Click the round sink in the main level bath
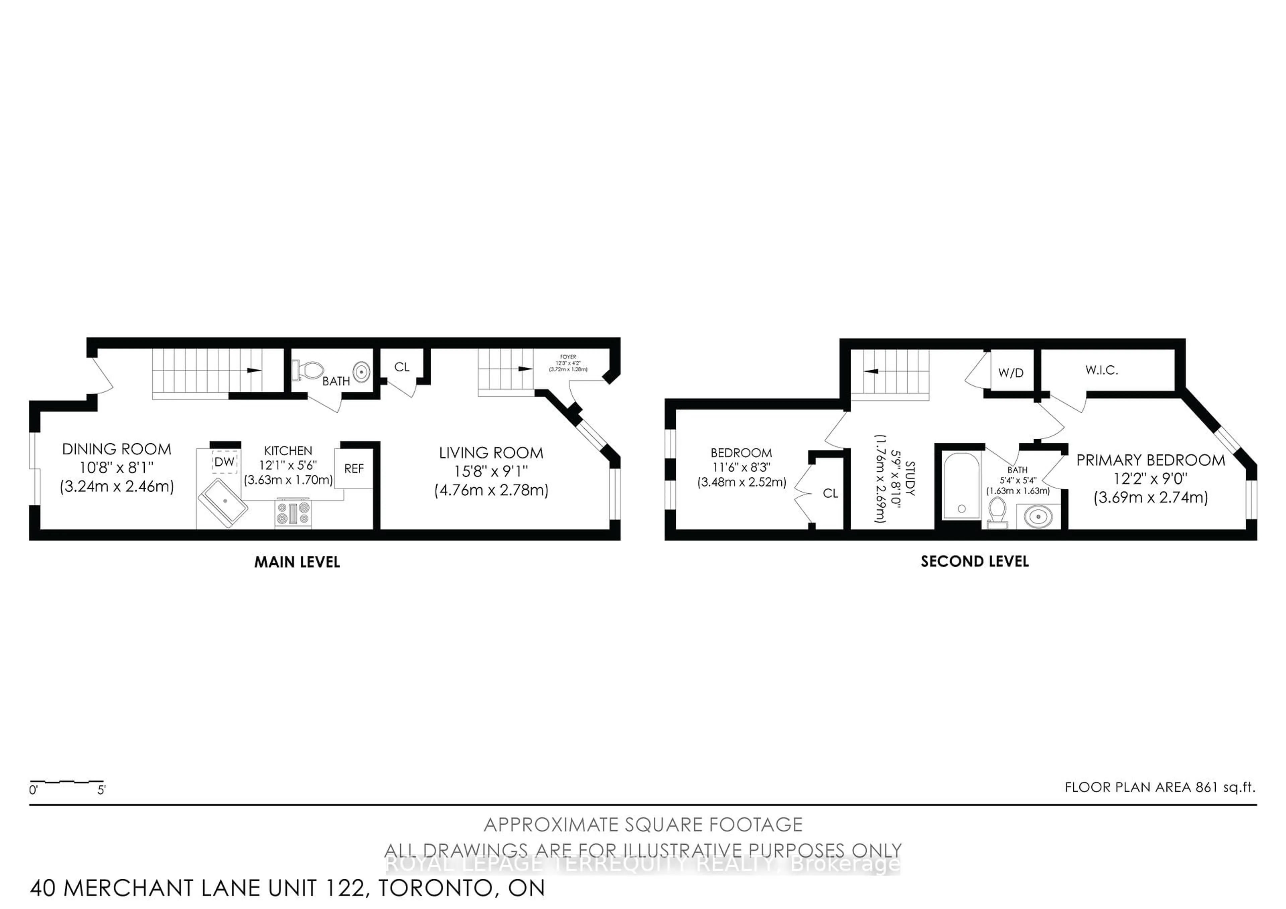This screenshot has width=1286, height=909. [x=362, y=371]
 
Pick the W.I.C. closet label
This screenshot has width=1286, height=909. [x=1101, y=370]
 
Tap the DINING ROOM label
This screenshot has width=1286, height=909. [x=117, y=449]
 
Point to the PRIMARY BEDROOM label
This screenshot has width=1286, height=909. [x=1150, y=461]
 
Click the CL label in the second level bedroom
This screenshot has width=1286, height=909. [x=830, y=493]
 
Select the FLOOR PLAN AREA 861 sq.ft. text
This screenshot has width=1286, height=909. [x=1159, y=787]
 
